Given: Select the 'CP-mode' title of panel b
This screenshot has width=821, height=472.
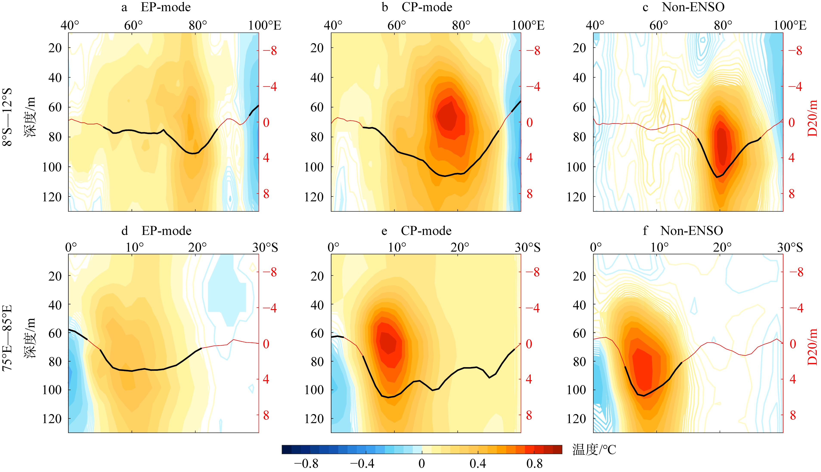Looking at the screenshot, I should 427,7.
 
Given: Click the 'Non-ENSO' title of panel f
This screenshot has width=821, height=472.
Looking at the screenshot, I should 692,231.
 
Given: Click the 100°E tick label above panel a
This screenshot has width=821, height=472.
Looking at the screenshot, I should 265,25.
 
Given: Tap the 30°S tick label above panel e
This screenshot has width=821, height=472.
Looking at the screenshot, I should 527,248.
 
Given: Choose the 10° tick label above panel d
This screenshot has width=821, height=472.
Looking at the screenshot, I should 135,248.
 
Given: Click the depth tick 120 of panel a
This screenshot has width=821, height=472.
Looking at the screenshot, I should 52,197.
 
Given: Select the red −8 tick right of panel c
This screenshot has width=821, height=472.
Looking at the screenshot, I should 795,51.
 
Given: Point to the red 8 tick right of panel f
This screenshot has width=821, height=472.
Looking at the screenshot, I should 793,415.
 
